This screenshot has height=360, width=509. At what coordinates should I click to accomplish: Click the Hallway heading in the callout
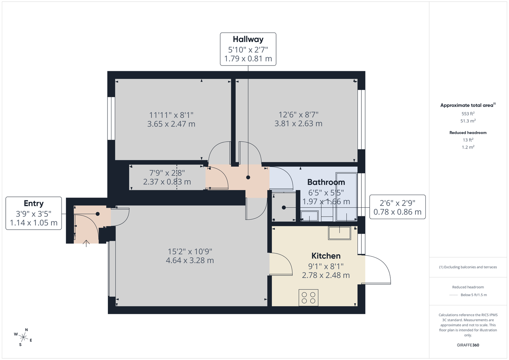click(x=248, y=39)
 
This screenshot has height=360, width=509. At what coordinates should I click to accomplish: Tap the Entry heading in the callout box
click(x=34, y=203)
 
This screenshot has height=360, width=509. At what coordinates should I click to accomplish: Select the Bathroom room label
click(x=326, y=182)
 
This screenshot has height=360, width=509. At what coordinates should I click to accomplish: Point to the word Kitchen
click(x=326, y=256)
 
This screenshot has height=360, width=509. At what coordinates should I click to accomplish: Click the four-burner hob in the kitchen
click(x=308, y=298)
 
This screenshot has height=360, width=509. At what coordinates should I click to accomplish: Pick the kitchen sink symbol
click(x=339, y=233)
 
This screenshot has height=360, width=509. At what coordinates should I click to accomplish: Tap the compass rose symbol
click(x=23, y=337)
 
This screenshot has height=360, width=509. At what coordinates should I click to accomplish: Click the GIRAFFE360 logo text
click(x=468, y=345)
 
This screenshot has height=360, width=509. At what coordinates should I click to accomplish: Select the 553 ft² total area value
click(x=468, y=114)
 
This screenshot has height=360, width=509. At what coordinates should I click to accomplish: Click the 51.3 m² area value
click(x=468, y=121)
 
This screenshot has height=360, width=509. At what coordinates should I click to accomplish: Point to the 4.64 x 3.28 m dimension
click(x=190, y=260)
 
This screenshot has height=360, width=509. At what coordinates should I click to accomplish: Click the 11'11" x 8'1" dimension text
click(x=171, y=115)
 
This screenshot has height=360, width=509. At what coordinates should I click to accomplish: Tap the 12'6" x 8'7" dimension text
click(x=298, y=114)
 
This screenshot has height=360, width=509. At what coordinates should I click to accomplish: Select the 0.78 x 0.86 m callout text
click(x=397, y=212)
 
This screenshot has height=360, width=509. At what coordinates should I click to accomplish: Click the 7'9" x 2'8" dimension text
click(x=167, y=173)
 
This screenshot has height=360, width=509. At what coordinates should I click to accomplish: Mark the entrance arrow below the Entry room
click(x=86, y=243)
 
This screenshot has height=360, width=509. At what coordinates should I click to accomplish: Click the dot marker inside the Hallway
click(x=248, y=177)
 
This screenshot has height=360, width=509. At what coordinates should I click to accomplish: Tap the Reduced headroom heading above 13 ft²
click(x=468, y=133)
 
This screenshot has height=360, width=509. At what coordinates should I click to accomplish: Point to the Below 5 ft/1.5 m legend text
click(x=474, y=295)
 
